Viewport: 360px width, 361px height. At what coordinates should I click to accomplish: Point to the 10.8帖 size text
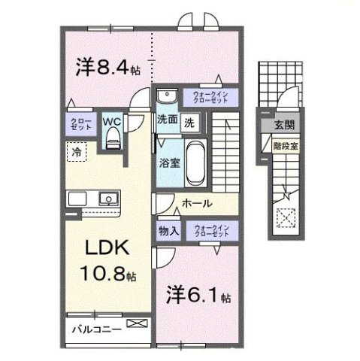click(x=105, y=274)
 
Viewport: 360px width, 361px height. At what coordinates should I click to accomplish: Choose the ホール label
click(x=196, y=203)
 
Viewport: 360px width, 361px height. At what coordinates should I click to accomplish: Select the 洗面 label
click(x=166, y=119)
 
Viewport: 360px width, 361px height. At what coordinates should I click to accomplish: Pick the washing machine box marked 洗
click(x=190, y=120)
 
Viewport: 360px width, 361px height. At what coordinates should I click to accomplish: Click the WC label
click(x=111, y=120)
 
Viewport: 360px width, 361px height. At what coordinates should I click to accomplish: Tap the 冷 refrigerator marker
click(x=76, y=152)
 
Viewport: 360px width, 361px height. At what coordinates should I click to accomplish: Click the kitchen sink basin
click(x=107, y=200)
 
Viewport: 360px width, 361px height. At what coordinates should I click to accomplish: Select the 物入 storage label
click(x=168, y=232)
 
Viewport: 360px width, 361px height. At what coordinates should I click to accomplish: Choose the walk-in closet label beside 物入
click(x=210, y=231)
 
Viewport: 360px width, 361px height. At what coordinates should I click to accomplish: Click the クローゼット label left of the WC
click(x=82, y=125)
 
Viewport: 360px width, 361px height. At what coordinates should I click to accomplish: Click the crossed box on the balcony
click(x=138, y=324)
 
